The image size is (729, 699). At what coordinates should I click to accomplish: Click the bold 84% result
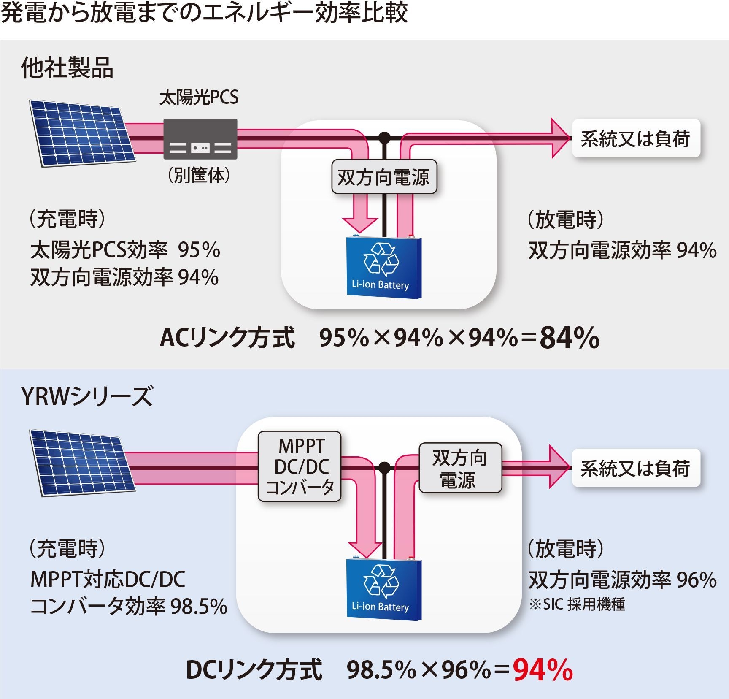pos(569,338)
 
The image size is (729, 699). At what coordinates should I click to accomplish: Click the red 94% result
pos(543,670)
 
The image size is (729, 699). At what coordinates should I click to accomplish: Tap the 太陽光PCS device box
pos(200,139)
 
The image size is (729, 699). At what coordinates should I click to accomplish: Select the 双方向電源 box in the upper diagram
pos(384,177)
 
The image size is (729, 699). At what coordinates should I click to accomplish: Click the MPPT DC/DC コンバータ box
pos(300,466)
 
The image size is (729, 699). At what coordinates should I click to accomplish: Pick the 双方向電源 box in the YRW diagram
pos(460,468)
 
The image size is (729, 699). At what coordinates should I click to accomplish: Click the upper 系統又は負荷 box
pos(636,138)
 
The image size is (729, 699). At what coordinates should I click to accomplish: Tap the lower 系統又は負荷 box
pos(636,468)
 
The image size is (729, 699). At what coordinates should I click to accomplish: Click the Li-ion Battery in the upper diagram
pos(383,268)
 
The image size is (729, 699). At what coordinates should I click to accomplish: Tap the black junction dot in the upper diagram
pos(384,137)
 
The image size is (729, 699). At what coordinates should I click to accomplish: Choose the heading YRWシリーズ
pos(86,397)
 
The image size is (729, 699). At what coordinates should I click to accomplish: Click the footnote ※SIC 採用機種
pos(577,604)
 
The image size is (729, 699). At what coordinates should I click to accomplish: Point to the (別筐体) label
pos(199,175)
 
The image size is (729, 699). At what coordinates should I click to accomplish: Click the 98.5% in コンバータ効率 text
pos(199,607)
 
